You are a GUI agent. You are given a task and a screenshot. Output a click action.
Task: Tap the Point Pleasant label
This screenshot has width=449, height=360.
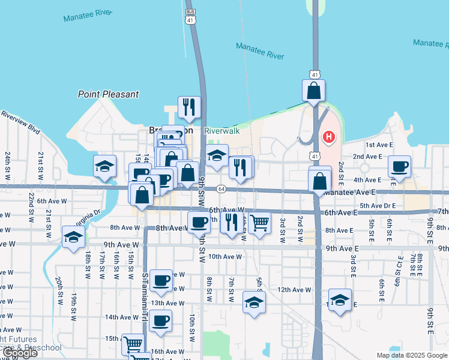tap(108, 94)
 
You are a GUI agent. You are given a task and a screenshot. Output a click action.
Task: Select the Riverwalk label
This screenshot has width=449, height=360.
tap(221, 131)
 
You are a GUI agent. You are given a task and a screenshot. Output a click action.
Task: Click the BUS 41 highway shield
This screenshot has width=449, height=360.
tap(190, 17)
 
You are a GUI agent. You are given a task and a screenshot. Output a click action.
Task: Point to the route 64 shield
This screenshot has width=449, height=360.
tap(221, 189)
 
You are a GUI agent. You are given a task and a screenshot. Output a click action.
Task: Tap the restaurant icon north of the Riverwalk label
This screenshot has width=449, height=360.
tap(189, 107)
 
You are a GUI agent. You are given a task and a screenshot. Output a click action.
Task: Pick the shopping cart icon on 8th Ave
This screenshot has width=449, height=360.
tap(259, 223)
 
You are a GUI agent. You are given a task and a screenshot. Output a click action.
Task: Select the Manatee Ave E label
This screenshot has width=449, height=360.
tap(349, 193)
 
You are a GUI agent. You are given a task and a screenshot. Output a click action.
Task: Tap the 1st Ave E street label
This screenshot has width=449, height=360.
tap(379, 145)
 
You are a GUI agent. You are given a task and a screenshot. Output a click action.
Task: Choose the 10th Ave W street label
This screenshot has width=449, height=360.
tap(226, 256)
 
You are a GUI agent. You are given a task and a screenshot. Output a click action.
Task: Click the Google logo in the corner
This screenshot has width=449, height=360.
tap(19, 353)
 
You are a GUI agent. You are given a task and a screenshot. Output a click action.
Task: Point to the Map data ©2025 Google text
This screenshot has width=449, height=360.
tap(411, 355)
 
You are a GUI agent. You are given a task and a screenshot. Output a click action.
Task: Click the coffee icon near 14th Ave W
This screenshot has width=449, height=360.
tap(160, 321)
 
